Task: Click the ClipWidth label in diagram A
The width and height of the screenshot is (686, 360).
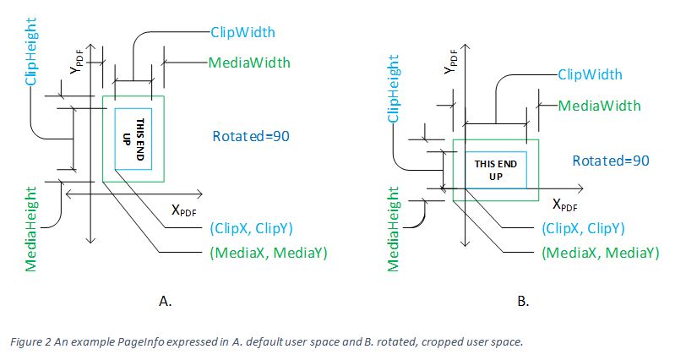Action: [x=244, y=32]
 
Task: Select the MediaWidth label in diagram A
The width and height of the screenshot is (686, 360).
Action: [x=249, y=62]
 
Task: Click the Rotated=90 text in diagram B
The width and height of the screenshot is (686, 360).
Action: [x=611, y=161]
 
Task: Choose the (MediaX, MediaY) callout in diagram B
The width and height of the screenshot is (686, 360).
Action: [x=600, y=253]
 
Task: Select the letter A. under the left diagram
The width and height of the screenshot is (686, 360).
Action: [x=166, y=300]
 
